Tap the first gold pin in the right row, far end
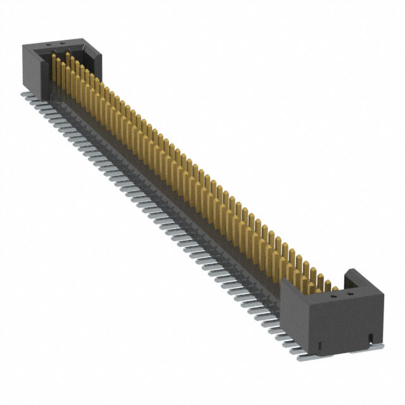tap(68, 60)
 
